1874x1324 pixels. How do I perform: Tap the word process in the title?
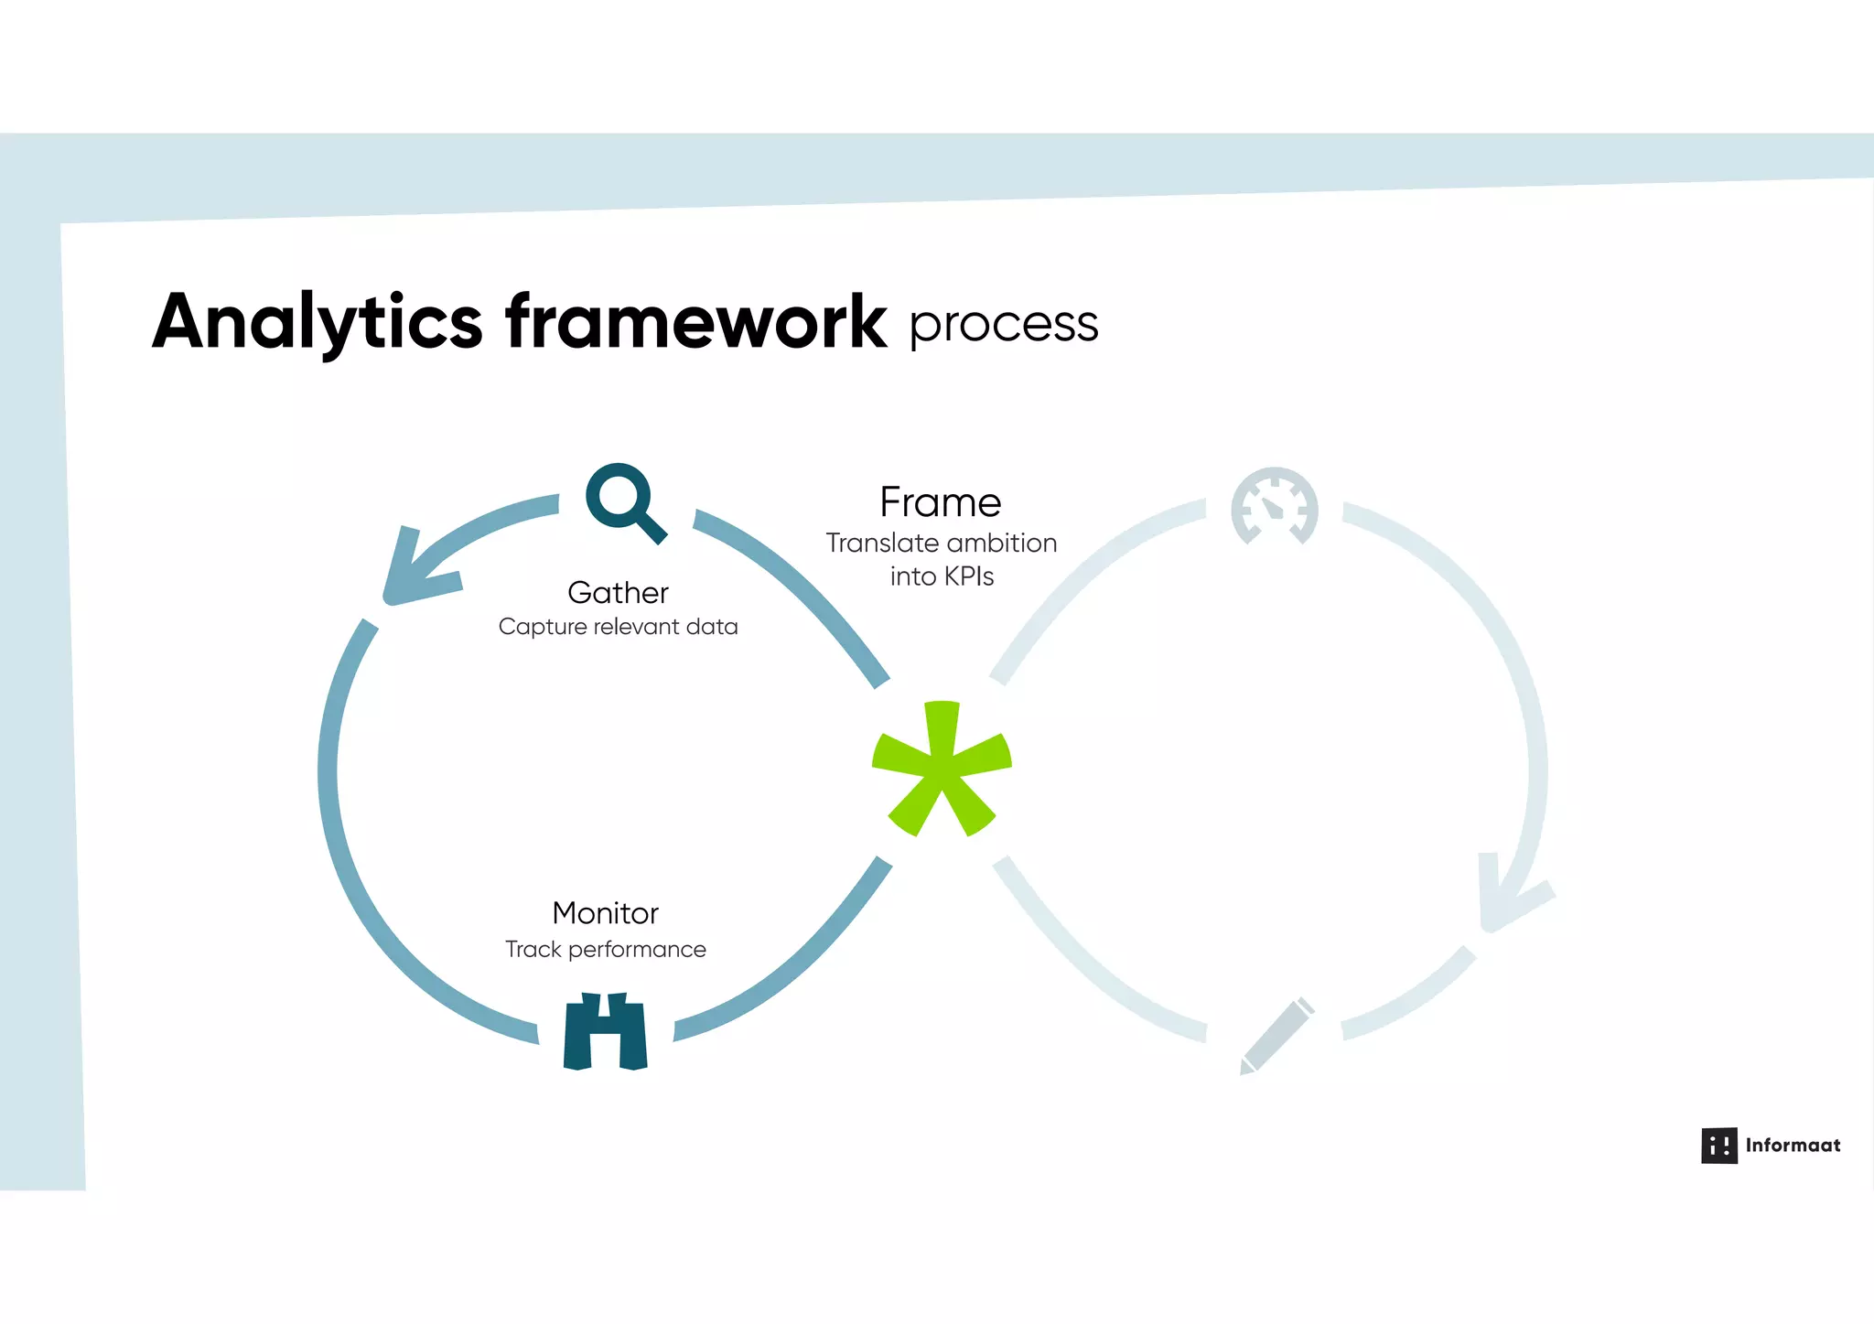coord(1003,325)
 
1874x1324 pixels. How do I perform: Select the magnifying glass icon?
coord(624,501)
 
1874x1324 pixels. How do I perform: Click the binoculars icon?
coord(606,1031)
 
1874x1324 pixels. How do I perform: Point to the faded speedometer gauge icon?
coord(1274,506)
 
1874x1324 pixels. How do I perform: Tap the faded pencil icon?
coord(1277,1036)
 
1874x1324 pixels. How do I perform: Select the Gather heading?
coord(618,593)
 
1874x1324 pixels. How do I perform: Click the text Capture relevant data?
coord(618,627)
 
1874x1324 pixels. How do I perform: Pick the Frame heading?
coord(940,502)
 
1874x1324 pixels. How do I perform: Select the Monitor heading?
coord(605,913)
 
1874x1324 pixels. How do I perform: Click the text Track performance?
coord(605,949)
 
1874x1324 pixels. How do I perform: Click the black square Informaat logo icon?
coord(1718,1146)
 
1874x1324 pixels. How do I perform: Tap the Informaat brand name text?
coord(1792,1146)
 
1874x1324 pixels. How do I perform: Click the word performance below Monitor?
coord(637,950)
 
